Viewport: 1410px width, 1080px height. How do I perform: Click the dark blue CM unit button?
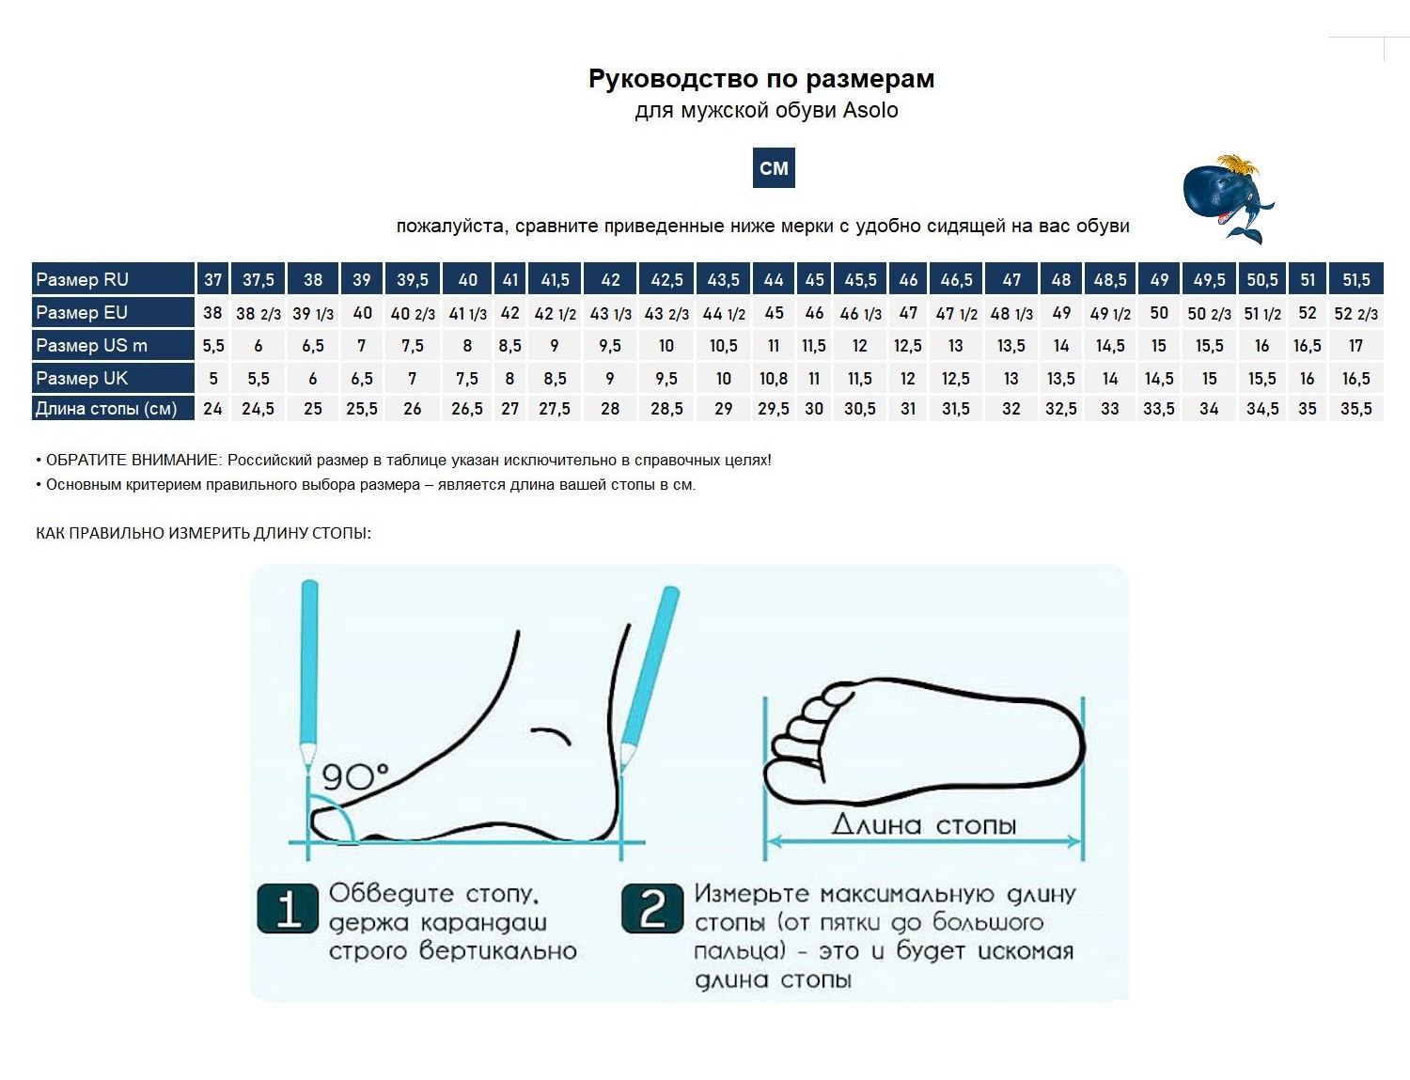(774, 168)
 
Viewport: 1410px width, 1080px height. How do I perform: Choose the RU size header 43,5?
(723, 279)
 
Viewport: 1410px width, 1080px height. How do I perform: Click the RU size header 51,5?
(1356, 279)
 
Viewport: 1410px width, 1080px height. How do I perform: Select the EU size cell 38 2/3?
(258, 314)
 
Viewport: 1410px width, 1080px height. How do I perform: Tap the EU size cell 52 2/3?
(1355, 314)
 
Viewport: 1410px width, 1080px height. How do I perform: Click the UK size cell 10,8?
(774, 378)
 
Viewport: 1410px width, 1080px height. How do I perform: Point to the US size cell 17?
(1355, 346)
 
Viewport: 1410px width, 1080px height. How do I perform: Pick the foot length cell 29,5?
(774, 409)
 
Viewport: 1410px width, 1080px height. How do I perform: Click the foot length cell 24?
(212, 409)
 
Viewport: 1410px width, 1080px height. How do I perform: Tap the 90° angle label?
(355, 777)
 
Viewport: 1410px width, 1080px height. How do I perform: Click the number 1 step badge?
(288, 908)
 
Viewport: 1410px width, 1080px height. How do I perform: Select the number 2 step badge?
(652, 908)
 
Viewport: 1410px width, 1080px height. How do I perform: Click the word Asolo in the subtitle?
(870, 110)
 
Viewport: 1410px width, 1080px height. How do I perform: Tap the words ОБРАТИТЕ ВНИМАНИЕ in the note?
(133, 460)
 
